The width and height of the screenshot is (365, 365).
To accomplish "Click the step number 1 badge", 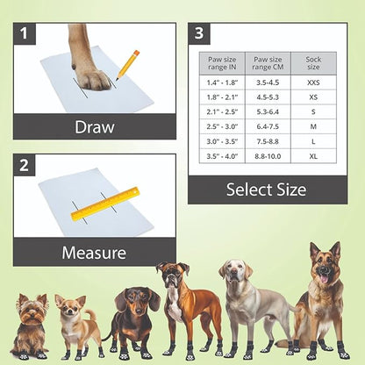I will [25, 33].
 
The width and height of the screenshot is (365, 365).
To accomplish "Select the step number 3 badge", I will [201, 33].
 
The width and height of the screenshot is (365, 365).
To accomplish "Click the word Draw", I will [94, 126].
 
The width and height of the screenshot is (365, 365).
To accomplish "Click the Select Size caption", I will [266, 189].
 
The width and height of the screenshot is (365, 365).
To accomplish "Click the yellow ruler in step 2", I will [105, 203].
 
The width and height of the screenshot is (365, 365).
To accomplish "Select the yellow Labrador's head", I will [234, 273].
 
